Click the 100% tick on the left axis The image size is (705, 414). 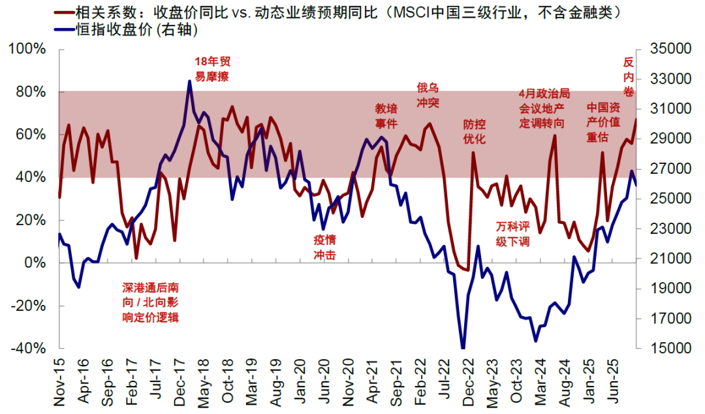click(27, 49)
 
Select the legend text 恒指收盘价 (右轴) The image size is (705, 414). click(124, 29)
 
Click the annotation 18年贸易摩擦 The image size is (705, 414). click(212, 69)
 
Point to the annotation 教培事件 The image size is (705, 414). click(386, 116)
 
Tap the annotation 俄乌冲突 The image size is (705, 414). click(428, 95)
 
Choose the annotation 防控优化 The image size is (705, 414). click(475, 131)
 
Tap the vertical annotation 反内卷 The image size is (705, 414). click(629, 77)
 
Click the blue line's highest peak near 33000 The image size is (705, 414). click(189, 81)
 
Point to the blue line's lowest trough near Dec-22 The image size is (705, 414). click(463, 348)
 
